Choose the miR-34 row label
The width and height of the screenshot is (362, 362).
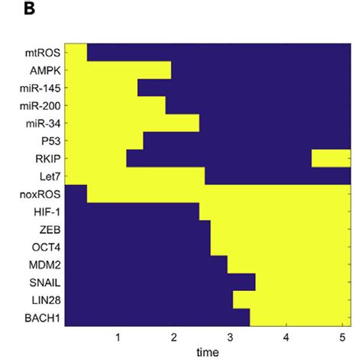pos(43,124)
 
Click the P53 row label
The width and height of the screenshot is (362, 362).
pos(48,141)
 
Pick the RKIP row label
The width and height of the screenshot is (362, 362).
pos(47,159)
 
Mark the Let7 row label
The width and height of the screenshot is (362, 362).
pos(47,176)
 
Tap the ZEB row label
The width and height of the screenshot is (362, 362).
pos(48,229)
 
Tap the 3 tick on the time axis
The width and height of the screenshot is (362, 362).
pos(230,337)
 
